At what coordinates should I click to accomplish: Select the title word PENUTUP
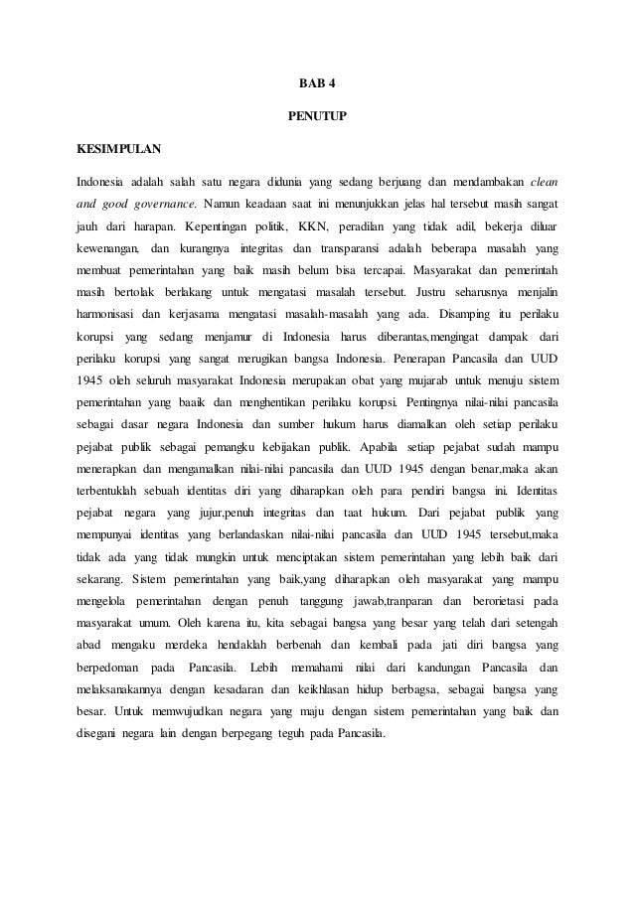coord(317,116)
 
